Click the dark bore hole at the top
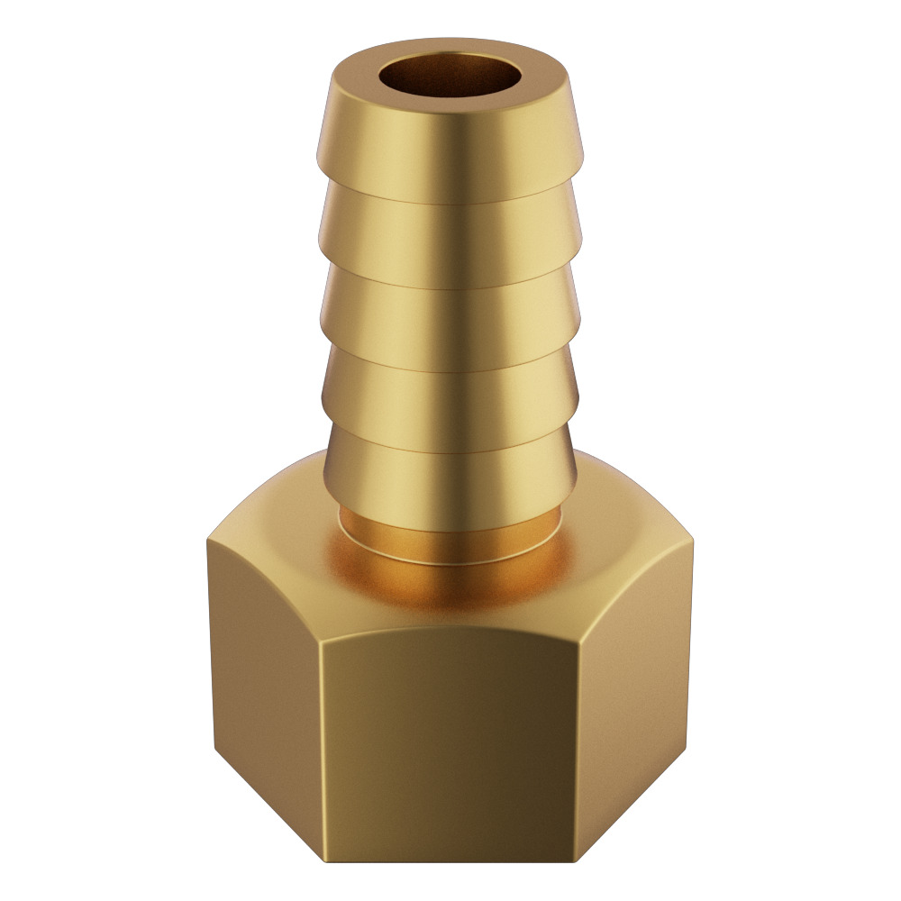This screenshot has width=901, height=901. [449, 77]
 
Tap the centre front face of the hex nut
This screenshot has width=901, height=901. [449, 739]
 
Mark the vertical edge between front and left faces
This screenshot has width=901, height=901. [322, 739]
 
